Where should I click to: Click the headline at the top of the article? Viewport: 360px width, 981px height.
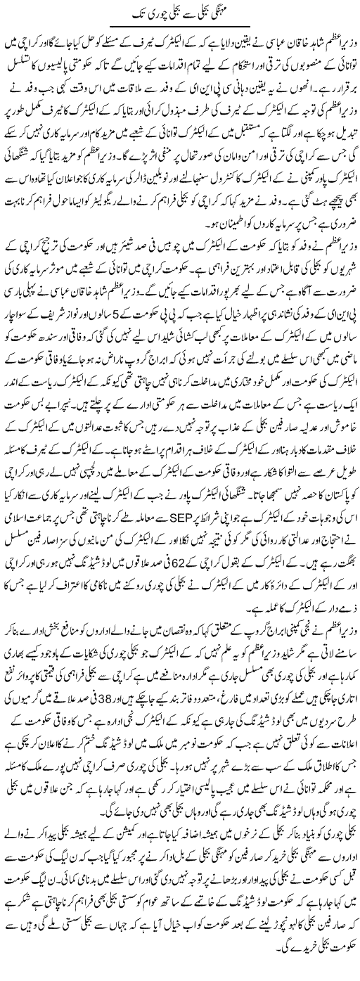(x=179, y=13)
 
